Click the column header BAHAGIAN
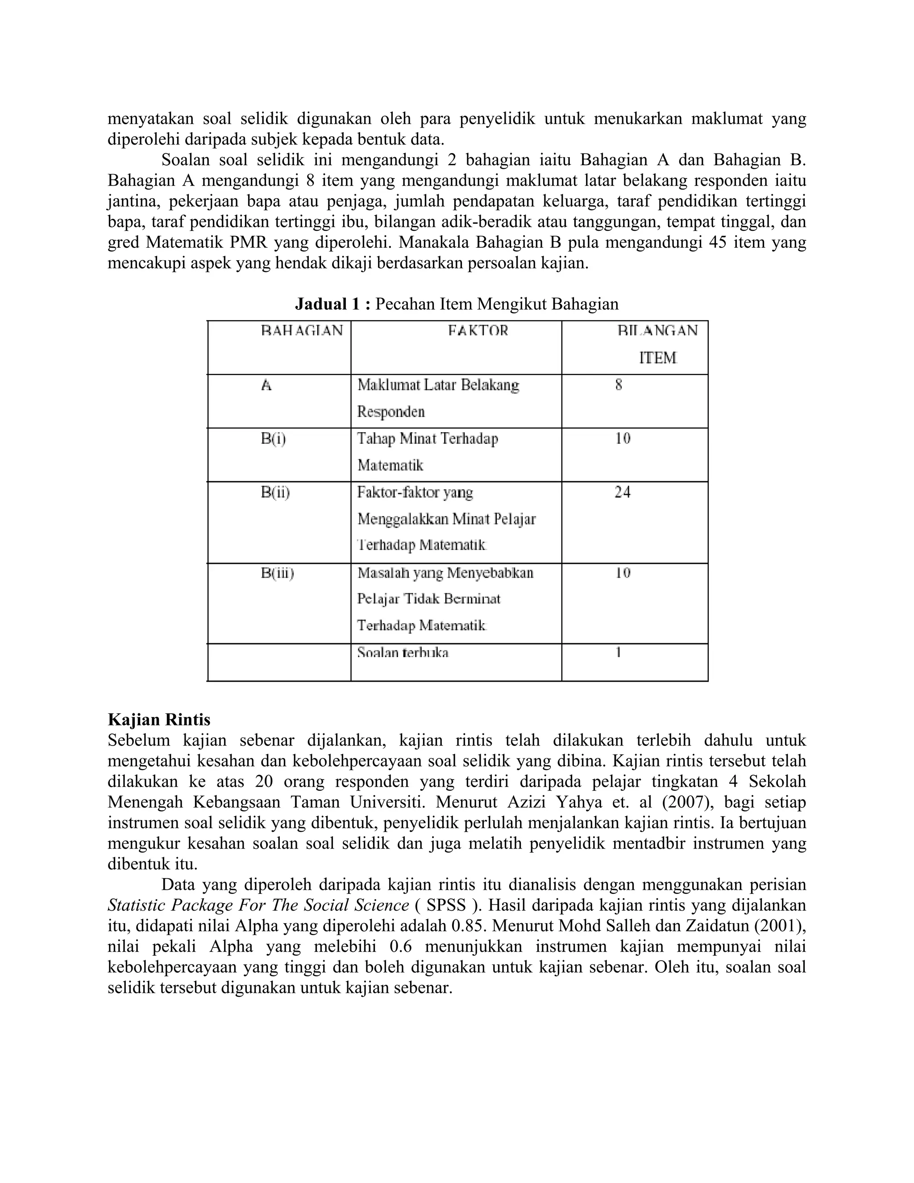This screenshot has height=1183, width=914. click(302, 330)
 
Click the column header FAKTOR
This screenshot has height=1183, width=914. click(478, 330)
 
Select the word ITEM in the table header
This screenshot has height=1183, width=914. click(657, 358)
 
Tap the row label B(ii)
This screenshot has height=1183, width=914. click(275, 492)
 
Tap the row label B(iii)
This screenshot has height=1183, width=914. click(277, 573)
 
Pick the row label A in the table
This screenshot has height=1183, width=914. click(266, 385)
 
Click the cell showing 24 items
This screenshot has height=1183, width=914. click(622, 492)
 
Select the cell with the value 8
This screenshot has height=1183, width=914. click(619, 385)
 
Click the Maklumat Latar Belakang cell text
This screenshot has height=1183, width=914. click(437, 385)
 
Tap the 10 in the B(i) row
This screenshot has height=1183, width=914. click(622, 439)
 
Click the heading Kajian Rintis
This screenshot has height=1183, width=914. click(158, 720)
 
